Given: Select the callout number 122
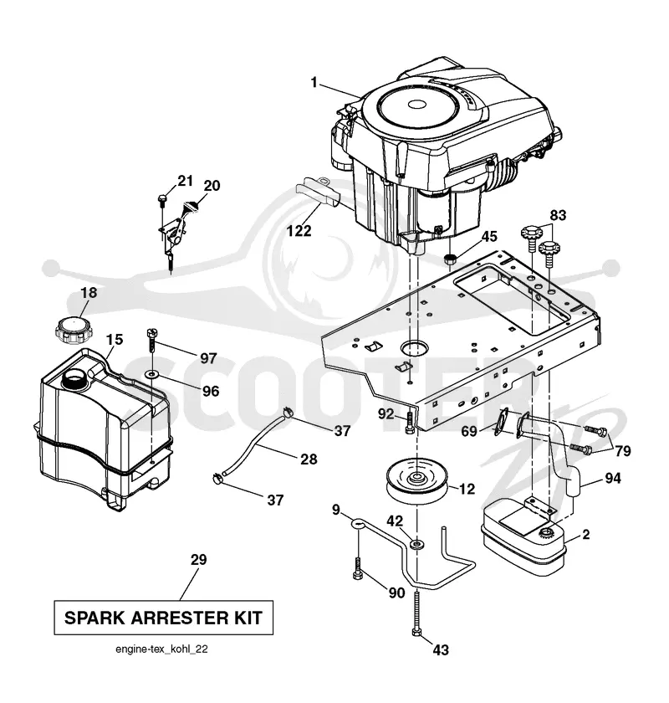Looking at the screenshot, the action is pos(299,230).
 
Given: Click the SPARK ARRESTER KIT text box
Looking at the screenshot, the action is pos(164,618).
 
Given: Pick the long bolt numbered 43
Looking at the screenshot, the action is pos(416,613).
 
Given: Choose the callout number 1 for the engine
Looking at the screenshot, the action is pos(314,83).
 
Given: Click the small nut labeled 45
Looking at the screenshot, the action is pos(449,259).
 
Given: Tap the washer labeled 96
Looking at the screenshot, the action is pos(153,373).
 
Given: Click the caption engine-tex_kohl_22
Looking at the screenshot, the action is pos(161,649).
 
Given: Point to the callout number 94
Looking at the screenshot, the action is pos(612,479).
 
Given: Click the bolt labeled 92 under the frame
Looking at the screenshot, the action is pos(409,423).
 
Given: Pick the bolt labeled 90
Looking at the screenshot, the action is pos(358,568).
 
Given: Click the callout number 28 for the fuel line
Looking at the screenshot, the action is pos(309,459).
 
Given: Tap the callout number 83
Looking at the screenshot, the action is pos(558,215).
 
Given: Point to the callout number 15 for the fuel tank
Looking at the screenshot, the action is pos(114,340).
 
